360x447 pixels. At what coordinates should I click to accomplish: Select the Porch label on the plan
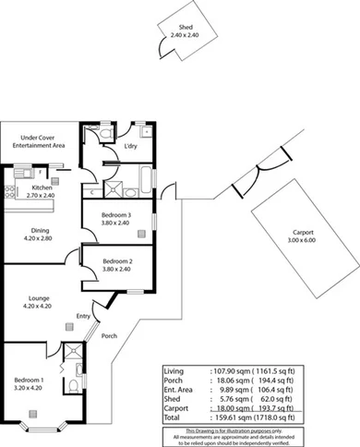pos(109,335)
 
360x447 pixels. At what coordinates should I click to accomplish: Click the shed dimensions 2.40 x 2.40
pos(185,35)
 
